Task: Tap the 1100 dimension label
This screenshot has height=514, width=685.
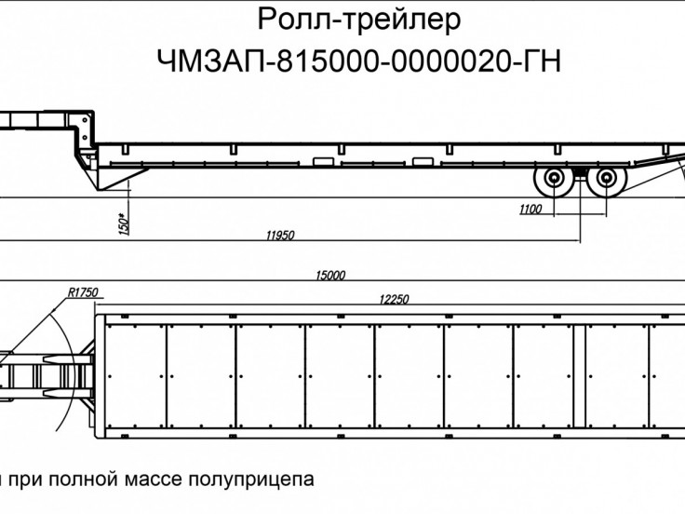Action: click(x=530, y=210)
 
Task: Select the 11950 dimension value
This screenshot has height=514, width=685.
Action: click(x=280, y=236)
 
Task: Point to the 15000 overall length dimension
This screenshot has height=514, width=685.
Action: click(x=330, y=276)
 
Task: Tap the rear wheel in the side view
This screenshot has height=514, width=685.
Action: click(x=608, y=181)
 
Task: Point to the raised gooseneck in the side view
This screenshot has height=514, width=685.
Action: click(x=47, y=121)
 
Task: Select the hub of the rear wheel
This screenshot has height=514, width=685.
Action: click(x=608, y=181)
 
